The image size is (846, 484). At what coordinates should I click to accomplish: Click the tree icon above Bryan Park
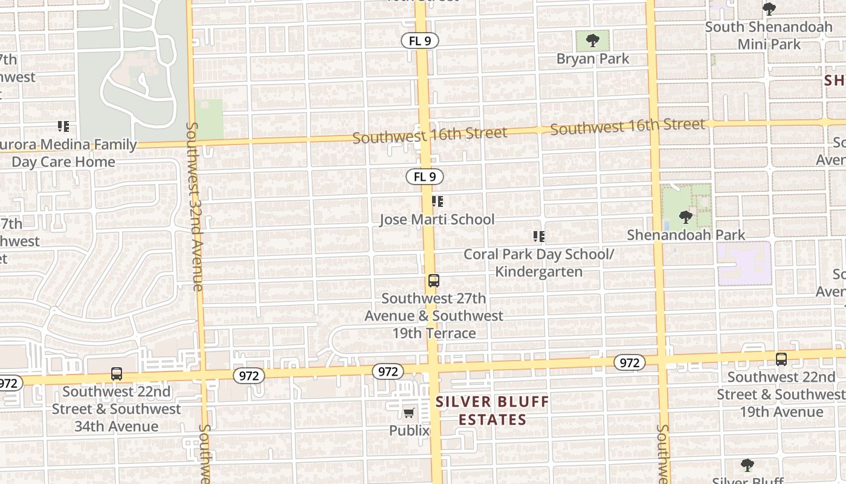(593, 41)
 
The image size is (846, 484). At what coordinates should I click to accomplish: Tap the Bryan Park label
(593, 59)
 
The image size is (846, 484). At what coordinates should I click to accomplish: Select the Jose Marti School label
(437, 219)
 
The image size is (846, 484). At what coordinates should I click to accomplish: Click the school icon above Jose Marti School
(437, 201)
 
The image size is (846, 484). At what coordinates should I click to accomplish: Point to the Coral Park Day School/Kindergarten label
(538, 263)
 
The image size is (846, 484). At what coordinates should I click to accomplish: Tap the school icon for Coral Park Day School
(538, 237)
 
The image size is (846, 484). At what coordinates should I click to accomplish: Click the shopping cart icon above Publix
(409, 413)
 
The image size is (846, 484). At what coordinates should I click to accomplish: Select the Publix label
(409, 431)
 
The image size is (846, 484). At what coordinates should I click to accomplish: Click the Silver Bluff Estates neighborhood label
(492, 410)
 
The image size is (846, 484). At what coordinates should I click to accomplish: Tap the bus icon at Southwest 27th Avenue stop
(433, 281)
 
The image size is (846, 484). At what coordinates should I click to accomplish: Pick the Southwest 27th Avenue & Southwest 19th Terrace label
(434, 316)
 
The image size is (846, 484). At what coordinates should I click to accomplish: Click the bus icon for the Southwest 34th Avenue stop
(117, 374)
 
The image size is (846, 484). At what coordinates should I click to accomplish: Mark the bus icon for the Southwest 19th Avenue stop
(781, 359)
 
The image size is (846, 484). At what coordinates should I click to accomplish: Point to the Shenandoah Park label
(686, 235)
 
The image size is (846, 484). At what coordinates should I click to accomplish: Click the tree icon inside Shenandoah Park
(685, 217)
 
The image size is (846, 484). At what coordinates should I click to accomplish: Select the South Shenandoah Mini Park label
(769, 35)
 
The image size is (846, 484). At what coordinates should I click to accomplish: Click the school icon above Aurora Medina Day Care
(63, 126)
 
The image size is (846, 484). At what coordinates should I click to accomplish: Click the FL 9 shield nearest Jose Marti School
(425, 177)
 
